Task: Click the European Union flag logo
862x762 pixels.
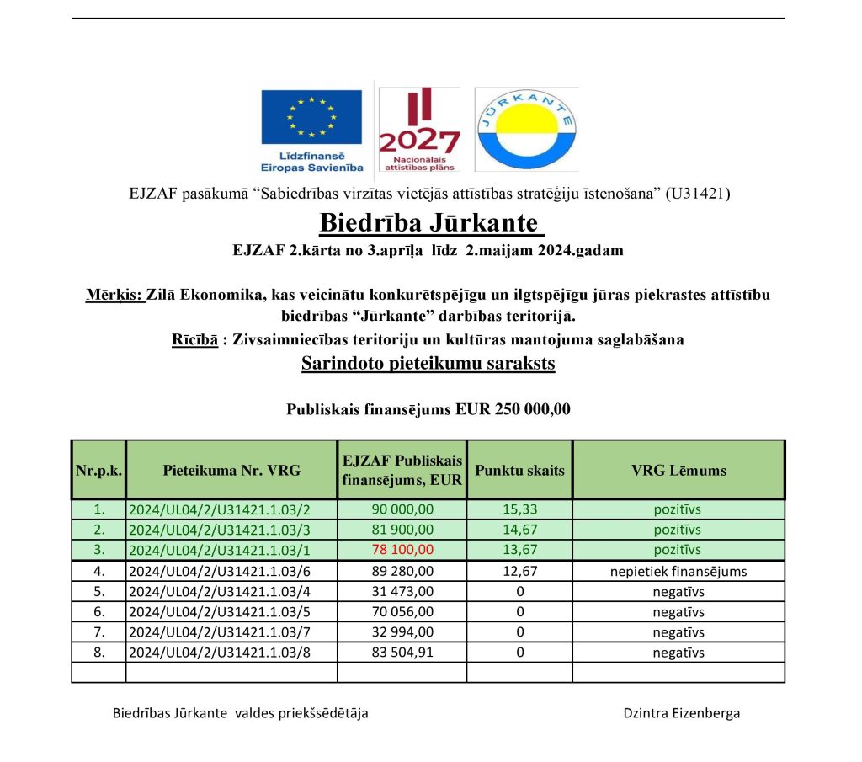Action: (x=311, y=117)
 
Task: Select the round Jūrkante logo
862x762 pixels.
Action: (x=526, y=129)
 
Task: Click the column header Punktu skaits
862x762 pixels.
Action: (x=519, y=470)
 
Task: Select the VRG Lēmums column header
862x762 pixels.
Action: (x=678, y=470)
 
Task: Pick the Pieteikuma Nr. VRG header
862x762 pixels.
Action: (x=231, y=470)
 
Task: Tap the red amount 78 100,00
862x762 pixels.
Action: (x=402, y=550)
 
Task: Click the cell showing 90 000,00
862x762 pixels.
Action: (x=402, y=509)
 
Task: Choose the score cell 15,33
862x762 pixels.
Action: (x=519, y=509)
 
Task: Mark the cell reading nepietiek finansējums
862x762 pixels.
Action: (x=678, y=572)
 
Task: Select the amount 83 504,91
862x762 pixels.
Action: (x=402, y=653)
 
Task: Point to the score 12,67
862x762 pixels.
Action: (x=519, y=572)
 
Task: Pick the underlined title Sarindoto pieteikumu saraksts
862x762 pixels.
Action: (x=428, y=365)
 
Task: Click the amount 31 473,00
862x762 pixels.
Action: (x=402, y=592)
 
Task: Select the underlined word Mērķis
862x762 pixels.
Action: (x=114, y=296)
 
